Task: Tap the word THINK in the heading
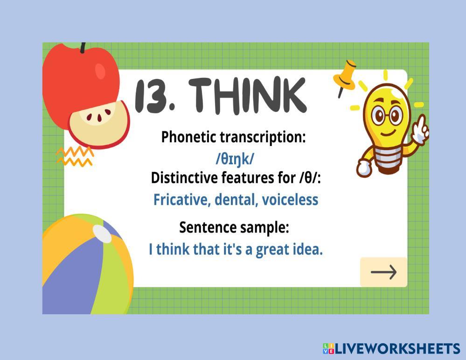coord(247,96)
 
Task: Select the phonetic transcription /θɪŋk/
coord(235,159)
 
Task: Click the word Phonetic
coord(188,137)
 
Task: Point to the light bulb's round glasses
coord(387,115)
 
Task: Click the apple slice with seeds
coord(99,124)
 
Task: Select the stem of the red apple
coord(83,48)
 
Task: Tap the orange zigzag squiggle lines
coord(75,157)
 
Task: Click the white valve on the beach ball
coord(102,234)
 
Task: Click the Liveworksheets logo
coord(391,348)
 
